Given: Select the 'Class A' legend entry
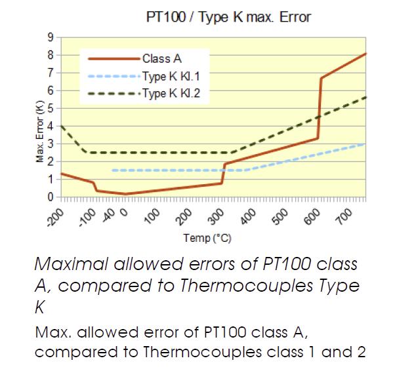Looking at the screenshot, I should [157, 59].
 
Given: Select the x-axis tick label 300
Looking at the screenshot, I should [215, 214].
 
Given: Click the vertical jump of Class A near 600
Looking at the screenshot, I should [320, 108].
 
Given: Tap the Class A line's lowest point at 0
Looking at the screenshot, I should [125, 194].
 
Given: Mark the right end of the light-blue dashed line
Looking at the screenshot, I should [364, 144].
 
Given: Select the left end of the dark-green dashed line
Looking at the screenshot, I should [60, 126].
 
